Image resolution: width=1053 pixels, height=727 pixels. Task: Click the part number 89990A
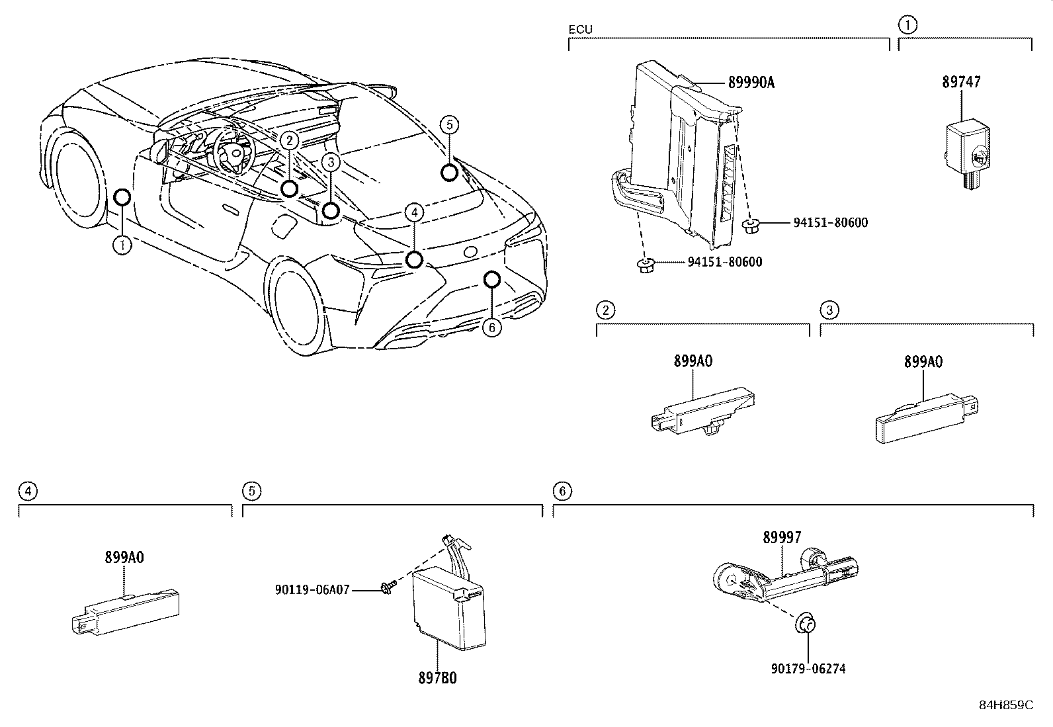pos(751,83)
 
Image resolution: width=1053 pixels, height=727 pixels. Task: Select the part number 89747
pos(961,82)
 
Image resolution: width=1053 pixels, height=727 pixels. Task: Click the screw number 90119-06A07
pos(312,589)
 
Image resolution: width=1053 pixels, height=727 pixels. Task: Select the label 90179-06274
pos(808,669)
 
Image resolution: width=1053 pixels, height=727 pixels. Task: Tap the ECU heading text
pos(580,29)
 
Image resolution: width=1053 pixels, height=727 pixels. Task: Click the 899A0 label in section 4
pos(124,557)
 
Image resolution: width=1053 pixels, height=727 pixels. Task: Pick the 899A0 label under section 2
pos(693,361)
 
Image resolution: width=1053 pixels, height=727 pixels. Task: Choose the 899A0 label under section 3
pos(923,362)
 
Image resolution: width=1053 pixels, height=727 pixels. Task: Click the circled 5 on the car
pos(449,124)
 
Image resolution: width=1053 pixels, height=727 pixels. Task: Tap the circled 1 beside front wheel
pos(122,245)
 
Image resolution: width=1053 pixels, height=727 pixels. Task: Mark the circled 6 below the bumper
pos(492,327)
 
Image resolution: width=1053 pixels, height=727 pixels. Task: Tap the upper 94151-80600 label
pos(830,223)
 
